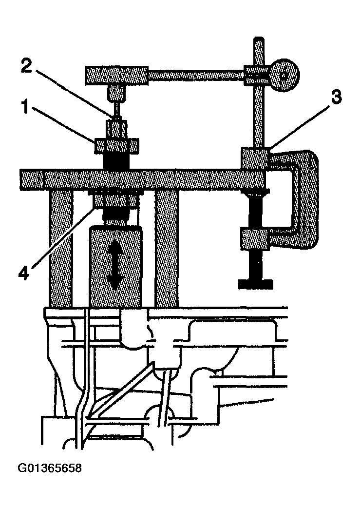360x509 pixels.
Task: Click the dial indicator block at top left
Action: click(117, 75)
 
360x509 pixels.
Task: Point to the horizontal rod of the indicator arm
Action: click(195, 75)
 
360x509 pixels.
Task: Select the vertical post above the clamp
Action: click(257, 112)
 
